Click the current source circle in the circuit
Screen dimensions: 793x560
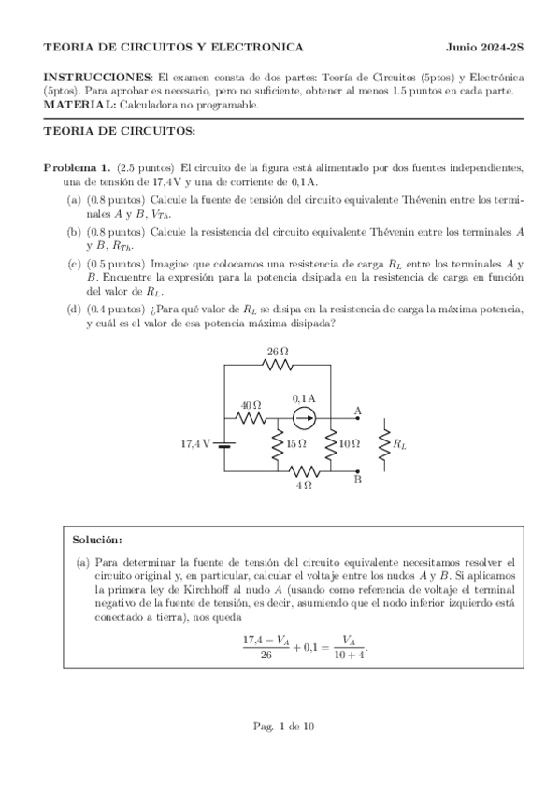click(x=305, y=418)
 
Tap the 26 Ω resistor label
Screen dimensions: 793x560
click(x=278, y=352)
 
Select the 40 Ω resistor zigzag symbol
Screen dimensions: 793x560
click(x=251, y=418)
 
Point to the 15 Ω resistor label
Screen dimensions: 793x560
click(x=295, y=445)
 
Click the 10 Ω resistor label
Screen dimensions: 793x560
click(x=350, y=445)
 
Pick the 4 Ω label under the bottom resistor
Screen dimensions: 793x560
click(x=304, y=485)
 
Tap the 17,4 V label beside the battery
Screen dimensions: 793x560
click(x=196, y=445)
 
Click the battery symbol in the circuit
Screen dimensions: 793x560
click(x=224, y=445)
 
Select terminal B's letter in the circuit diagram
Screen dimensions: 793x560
click(x=358, y=480)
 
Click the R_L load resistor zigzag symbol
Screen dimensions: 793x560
click(x=383, y=445)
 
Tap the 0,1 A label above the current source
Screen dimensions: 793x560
click(x=305, y=397)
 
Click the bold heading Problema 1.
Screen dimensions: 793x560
click(x=78, y=166)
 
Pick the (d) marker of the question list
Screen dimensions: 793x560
click(x=73, y=309)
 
